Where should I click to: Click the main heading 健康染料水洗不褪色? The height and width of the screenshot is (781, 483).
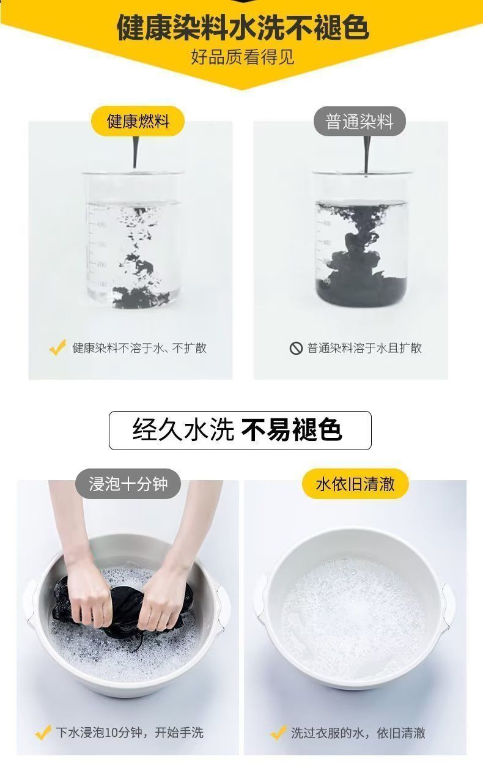click(243, 27)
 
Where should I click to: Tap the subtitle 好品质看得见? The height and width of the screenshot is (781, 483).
click(243, 57)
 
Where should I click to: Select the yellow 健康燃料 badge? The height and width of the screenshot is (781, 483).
click(138, 121)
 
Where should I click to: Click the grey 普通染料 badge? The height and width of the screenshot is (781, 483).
click(359, 121)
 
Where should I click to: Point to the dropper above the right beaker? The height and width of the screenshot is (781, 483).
click(366, 155)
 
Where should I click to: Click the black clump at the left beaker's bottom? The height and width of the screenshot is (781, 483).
click(139, 297)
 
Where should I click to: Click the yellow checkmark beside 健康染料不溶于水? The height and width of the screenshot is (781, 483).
click(57, 347)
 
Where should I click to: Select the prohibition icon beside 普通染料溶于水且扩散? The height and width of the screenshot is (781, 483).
click(296, 348)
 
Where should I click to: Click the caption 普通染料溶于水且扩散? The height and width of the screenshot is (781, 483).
click(364, 348)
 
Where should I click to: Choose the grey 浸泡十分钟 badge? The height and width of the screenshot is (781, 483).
click(128, 484)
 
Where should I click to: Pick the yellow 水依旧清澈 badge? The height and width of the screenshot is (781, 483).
click(355, 484)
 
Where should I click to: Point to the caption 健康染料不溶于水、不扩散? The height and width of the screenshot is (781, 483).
click(139, 348)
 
